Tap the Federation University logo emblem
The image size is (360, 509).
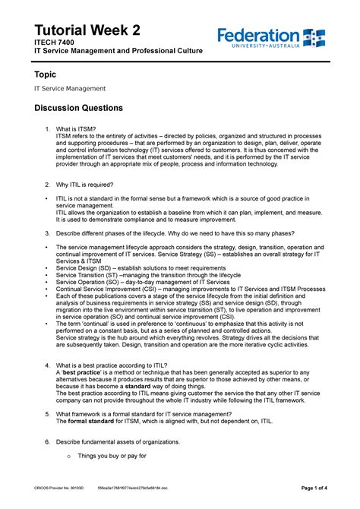point(314,36)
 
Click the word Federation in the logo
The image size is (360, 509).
point(258,35)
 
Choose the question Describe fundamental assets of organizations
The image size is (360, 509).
point(118,441)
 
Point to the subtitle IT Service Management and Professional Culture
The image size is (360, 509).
point(117,50)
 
